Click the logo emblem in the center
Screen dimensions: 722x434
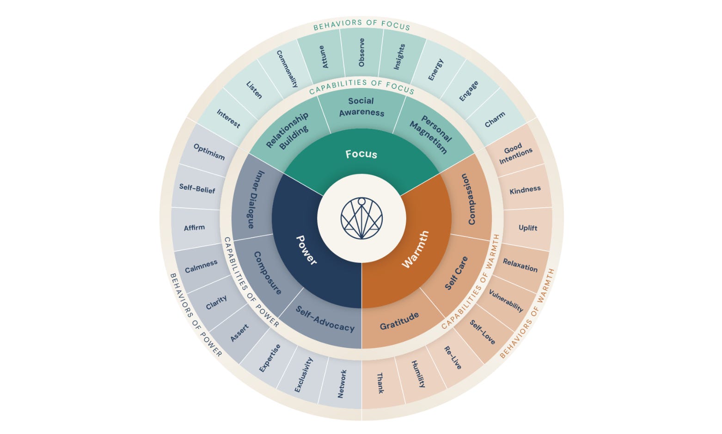click(x=361, y=218)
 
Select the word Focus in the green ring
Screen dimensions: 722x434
click(x=361, y=154)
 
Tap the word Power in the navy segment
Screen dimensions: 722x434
click(x=306, y=250)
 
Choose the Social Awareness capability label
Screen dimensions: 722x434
click(x=361, y=107)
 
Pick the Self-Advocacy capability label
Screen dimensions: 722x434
click(x=325, y=319)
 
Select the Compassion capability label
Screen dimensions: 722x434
click(x=468, y=199)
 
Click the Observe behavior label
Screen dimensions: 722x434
click(x=361, y=52)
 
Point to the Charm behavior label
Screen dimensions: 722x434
click(x=495, y=120)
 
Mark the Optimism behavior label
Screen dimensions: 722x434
click(x=209, y=152)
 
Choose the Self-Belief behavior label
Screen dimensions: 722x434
click(x=197, y=188)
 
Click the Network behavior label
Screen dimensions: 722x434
click(x=342, y=384)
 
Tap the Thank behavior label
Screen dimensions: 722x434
click(x=380, y=383)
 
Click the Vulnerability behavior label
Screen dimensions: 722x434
click(x=506, y=301)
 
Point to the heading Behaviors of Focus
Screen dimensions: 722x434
click(x=361, y=25)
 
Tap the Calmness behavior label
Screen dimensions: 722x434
click(x=201, y=267)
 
